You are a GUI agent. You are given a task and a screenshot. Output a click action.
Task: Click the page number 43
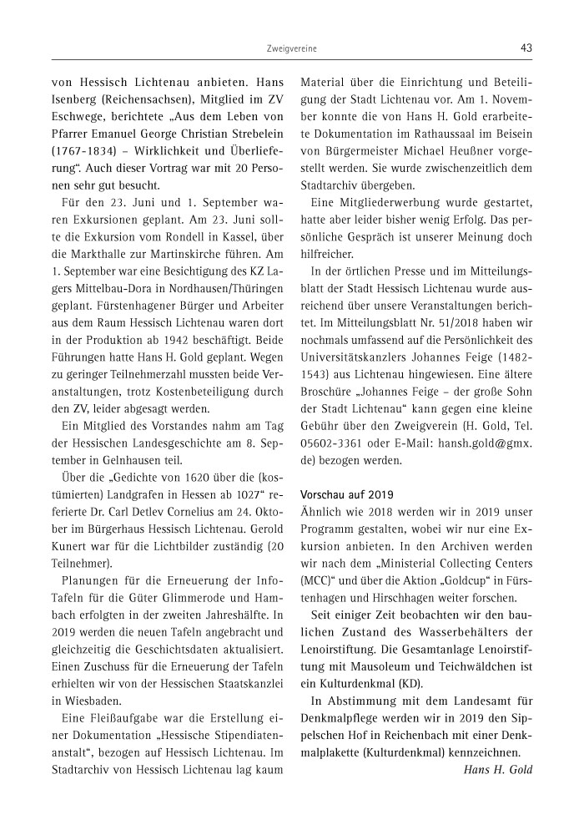pos(526,48)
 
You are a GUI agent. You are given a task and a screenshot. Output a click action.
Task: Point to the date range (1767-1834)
pos(83,153)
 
